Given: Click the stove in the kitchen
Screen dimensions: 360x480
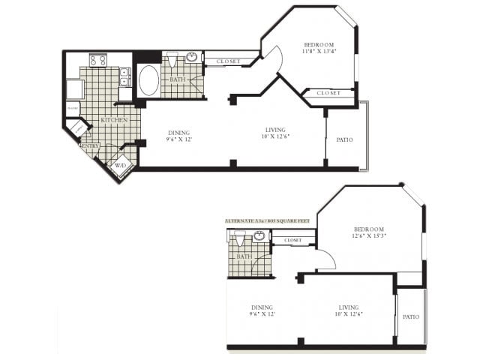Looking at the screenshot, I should tap(98, 60).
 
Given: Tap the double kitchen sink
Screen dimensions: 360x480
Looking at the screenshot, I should tap(124, 77).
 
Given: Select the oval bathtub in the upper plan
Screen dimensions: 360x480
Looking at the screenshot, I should tap(148, 80).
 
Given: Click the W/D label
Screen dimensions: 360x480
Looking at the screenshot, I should tap(120, 165).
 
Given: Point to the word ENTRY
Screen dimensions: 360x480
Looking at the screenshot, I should tap(90, 145).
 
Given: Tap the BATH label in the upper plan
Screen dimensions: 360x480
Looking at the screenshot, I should tap(178, 79).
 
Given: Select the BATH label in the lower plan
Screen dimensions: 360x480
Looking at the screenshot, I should tap(244, 256).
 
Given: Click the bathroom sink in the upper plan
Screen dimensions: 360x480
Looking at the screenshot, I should tap(192, 57).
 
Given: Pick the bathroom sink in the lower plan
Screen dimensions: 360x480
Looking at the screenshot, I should tap(259, 235).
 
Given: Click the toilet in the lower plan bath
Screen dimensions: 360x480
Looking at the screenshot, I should tap(239, 238).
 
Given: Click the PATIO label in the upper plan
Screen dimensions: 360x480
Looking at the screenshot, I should tap(345, 139).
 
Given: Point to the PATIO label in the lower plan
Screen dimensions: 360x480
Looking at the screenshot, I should tap(410, 316).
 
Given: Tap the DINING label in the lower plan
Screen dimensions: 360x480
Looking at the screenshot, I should tap(262, 307).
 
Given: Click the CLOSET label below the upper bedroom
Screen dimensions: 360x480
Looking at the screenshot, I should tap(328, 93).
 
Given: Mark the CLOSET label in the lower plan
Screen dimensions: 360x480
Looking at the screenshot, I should tap(292, 240).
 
